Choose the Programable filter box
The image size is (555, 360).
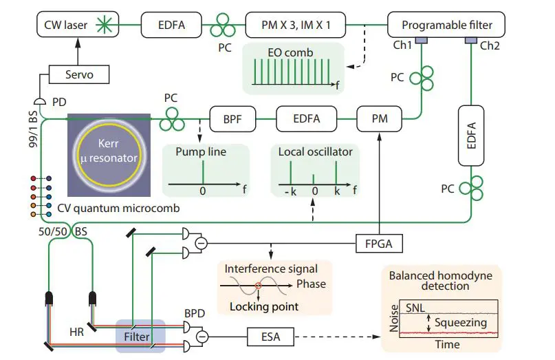coord(447,26)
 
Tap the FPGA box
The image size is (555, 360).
coord(380,242)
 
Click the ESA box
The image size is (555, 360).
coord(270,337)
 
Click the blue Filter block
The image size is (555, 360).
coord(141,335)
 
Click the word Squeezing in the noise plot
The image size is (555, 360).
coord(461,322)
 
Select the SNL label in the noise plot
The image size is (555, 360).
coord(415,308)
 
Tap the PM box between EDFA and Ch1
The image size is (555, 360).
coord(380,118)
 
